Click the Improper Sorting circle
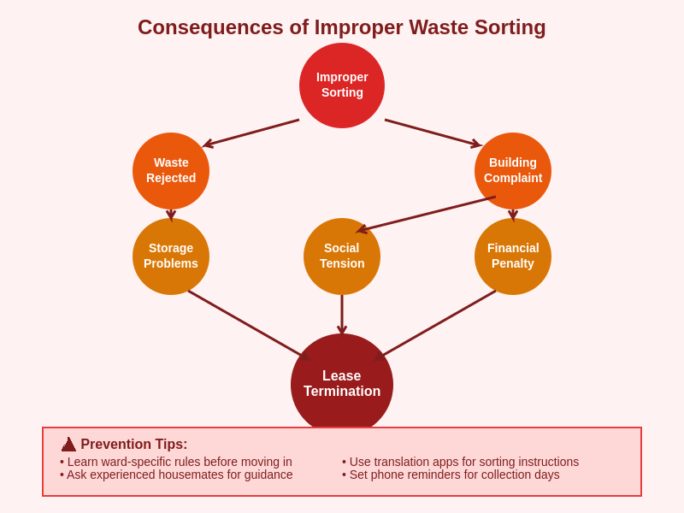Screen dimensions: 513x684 (342, 85)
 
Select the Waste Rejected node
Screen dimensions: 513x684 (171, 171)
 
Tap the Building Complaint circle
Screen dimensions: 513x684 (513, 171)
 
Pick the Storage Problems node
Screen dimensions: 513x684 (171, 256)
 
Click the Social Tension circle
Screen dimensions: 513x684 (342, 256)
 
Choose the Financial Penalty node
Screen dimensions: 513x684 (513, 256)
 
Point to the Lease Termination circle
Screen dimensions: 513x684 (342, 385)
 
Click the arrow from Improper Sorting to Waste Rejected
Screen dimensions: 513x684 (251, 133)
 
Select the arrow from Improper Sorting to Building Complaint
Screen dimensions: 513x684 (433, 133)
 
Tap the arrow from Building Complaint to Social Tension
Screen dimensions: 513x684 (427, 214)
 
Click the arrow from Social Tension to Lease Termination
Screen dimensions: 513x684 (342, 314)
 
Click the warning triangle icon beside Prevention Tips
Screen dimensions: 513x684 (68, 445)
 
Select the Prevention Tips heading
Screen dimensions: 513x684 (134, 445)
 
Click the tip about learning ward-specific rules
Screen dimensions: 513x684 (176, 462)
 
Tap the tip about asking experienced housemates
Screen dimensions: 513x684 (176, 475)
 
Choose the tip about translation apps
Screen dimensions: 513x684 (460, 462)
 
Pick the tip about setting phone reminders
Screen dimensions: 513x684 (451, 475)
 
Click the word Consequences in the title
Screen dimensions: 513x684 (209, 27)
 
